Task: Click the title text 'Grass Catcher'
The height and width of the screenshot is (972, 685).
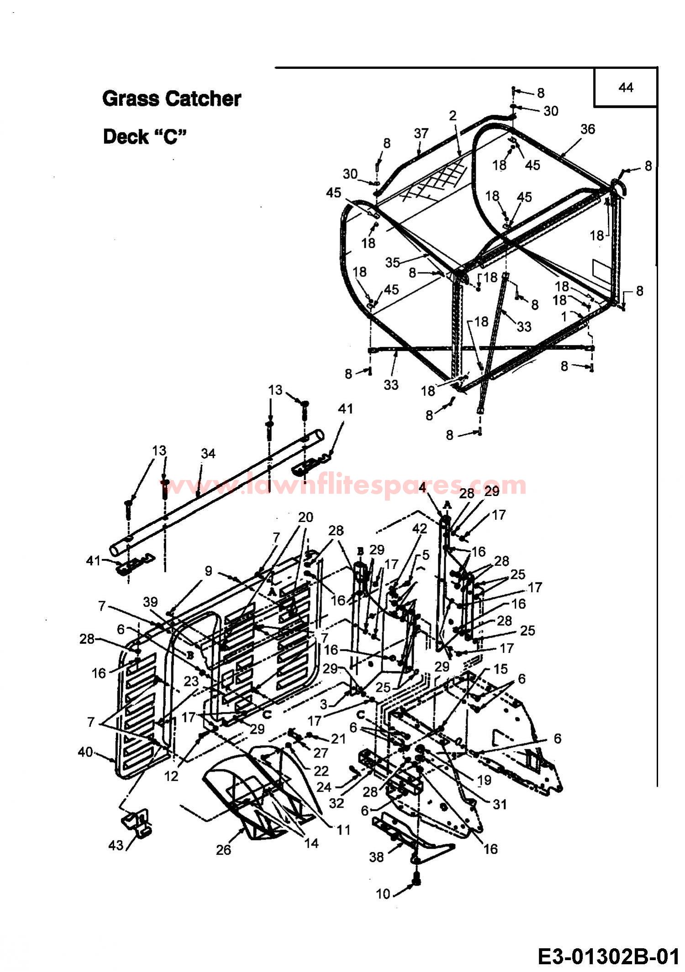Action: click(172, 99)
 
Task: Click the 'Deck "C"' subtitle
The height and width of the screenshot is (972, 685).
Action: click(145, 136)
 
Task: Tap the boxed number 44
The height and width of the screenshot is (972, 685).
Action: click(626, 87)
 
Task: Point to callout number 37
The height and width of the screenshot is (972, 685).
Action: click(421, 133)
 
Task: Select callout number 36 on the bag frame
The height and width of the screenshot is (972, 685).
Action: click(588, 129)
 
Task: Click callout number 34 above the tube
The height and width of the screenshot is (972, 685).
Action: click(208, 454)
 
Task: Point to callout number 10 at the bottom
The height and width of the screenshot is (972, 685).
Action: click(383, 894)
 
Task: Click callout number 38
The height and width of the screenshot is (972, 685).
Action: click(376, 857)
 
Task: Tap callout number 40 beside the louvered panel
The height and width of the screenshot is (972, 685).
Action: click(86, 752)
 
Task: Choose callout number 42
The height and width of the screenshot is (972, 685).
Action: click(419, 528)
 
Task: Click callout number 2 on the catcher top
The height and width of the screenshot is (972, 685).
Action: click(452, 115)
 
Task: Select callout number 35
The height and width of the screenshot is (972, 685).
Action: click(392, 262)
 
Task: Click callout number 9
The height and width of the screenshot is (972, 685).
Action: click(208, 571)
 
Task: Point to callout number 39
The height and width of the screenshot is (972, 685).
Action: click(151, 602)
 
